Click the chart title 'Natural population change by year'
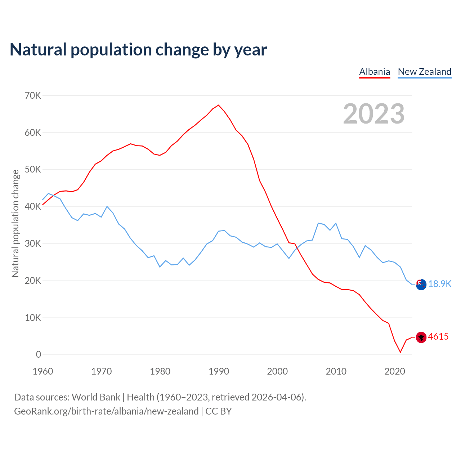138,50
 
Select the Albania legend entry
375,72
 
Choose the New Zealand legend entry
424,72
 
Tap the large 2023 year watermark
373,114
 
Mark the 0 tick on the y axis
39,355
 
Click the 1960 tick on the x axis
43,371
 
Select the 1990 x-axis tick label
219,371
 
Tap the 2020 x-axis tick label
395,371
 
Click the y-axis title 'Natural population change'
15,223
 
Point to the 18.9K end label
439,284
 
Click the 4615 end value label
438,337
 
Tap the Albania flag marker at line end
421,337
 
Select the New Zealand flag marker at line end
421,285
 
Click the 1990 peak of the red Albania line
219,105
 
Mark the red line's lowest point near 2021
400,352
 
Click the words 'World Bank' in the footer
96,397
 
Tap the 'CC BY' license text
218,411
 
